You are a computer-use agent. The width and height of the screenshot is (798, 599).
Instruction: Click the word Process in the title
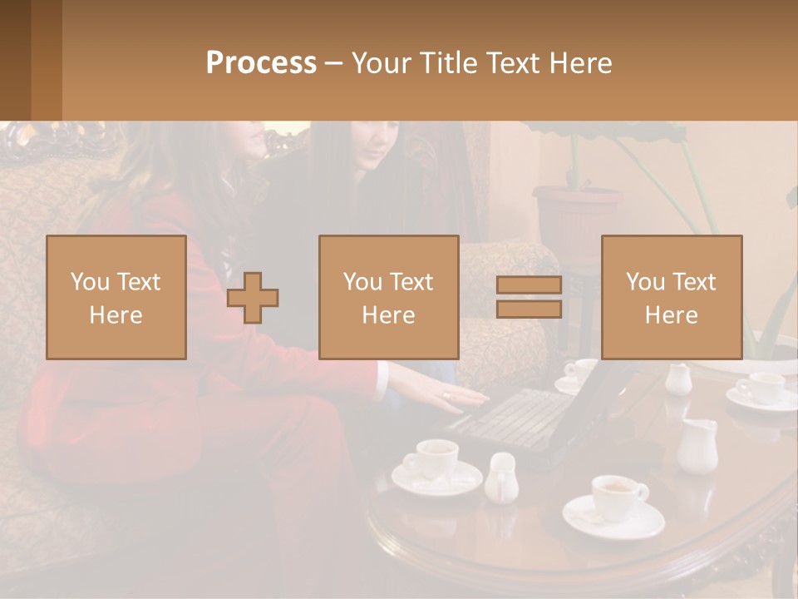(261, 63)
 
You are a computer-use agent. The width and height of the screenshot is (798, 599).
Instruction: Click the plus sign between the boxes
(253, 298)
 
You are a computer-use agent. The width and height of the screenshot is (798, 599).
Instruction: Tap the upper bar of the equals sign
(529, 285)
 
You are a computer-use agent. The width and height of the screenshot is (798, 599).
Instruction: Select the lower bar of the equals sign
(529, 309)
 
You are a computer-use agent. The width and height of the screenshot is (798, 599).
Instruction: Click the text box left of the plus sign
(116, 297)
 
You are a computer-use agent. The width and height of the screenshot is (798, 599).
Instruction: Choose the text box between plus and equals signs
(388, 297)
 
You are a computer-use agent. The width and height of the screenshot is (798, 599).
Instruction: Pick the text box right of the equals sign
(671, 297)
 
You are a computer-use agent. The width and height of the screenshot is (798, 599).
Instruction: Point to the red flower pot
(575, 216)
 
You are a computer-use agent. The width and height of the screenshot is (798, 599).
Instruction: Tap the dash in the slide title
(332, 63)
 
